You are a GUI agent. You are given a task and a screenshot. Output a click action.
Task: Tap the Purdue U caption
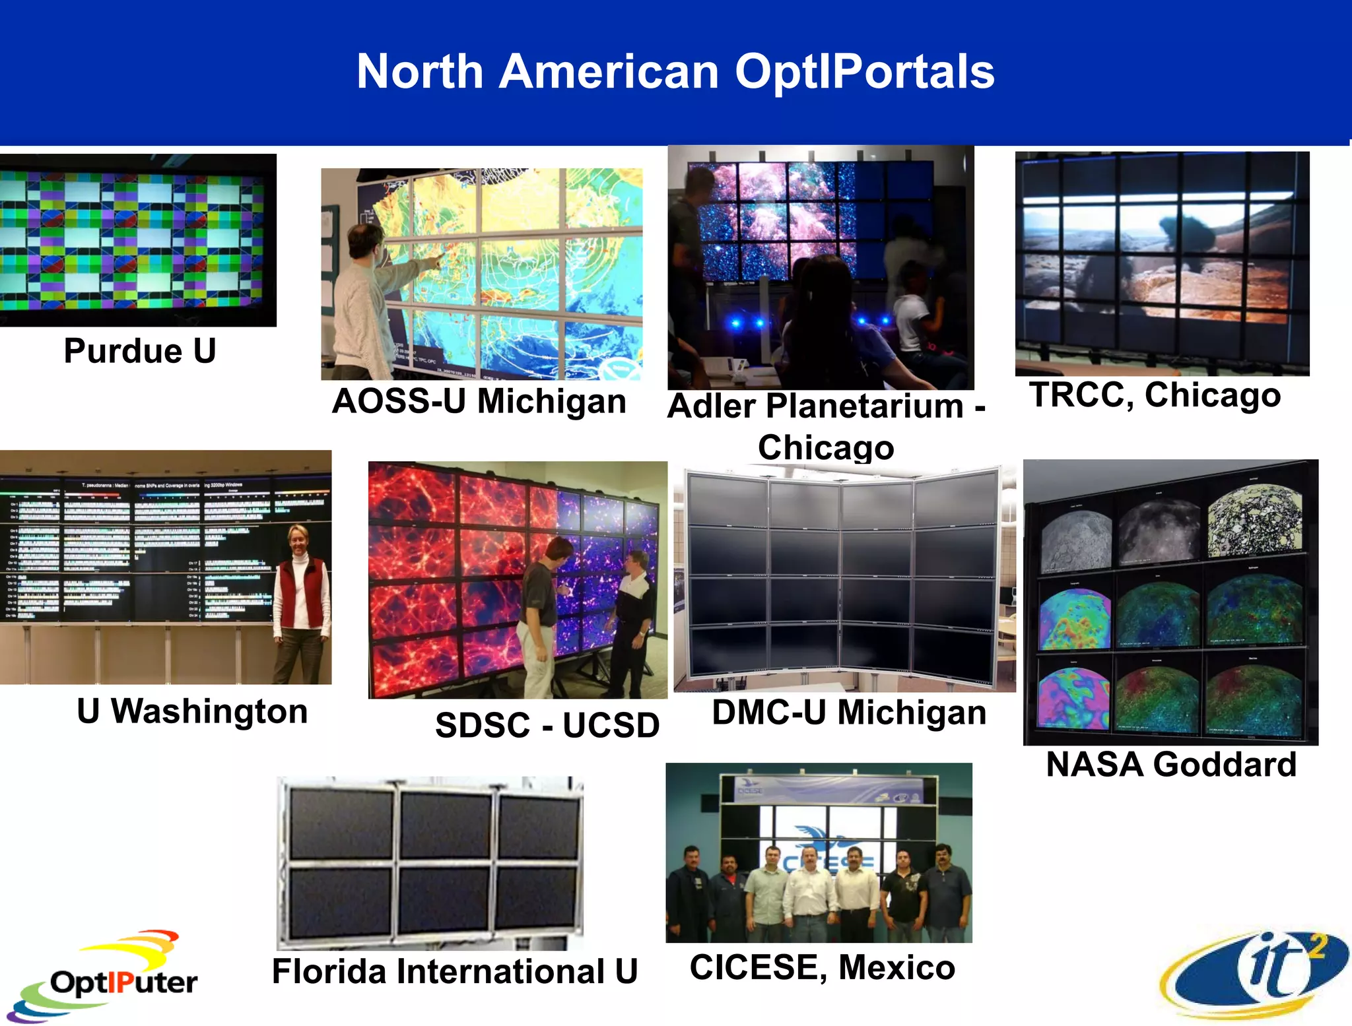140,351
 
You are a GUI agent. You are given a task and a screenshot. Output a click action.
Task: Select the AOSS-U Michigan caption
479,401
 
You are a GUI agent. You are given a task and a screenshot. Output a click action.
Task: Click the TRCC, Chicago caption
1155,395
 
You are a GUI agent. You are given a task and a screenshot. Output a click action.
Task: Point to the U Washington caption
192,711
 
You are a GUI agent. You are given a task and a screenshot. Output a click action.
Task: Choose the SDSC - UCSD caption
547,725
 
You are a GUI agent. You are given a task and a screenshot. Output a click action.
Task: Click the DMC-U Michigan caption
849,713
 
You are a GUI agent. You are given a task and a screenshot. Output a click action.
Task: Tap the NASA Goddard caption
1171,765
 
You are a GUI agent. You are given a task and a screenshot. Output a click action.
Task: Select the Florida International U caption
455,971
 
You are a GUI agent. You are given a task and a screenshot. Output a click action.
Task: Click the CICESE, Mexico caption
822,967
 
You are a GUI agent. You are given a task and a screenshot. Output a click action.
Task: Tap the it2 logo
1254,973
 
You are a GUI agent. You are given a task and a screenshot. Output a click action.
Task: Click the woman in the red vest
301,600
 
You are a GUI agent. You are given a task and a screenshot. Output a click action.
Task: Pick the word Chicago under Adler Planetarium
825,448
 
